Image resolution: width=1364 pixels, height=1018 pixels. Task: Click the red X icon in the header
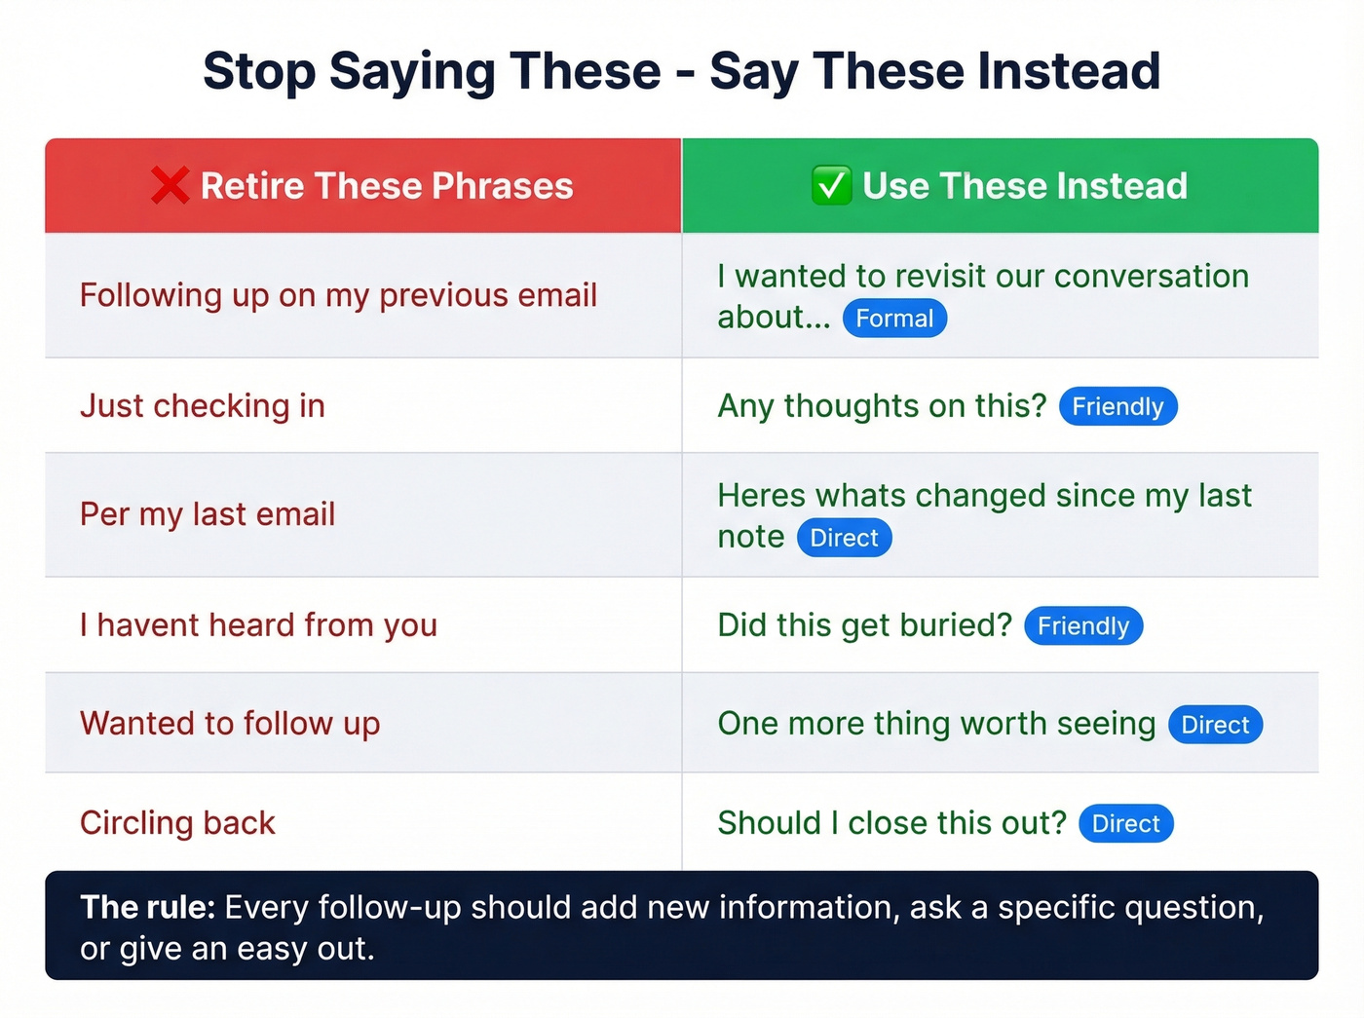click(170, 185)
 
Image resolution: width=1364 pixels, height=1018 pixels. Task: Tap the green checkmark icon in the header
click(831, 185)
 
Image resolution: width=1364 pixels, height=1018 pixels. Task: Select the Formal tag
click(894, 319)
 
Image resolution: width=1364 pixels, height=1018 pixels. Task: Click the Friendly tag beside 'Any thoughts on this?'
click(1118, 406)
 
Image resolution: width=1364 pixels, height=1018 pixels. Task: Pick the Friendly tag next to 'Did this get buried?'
click(1082, 625)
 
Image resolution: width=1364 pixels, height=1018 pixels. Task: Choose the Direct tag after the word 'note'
click(844, 538)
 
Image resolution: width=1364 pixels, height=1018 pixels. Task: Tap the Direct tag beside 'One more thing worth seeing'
click(1215, 725)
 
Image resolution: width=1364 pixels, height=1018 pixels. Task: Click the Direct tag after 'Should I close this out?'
click(1125, 823)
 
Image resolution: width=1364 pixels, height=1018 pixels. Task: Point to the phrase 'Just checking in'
click(203, 405)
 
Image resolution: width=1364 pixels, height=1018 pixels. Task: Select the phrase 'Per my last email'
click(208, 513)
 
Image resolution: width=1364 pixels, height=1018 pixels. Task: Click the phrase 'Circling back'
click(177, 822)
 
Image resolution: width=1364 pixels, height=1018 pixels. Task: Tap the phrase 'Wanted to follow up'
click(230, 723)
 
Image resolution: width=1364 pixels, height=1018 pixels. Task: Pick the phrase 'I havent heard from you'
click(258, 624)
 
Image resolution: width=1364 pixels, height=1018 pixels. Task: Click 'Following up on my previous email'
click(338, 294)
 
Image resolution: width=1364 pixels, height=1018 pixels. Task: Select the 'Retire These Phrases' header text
click(387, 185)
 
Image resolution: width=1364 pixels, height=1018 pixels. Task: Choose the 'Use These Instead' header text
click(1025, 185)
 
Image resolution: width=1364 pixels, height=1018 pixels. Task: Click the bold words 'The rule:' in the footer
click(147, 907)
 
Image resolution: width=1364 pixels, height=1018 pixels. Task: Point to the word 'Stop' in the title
click(259, 71)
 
